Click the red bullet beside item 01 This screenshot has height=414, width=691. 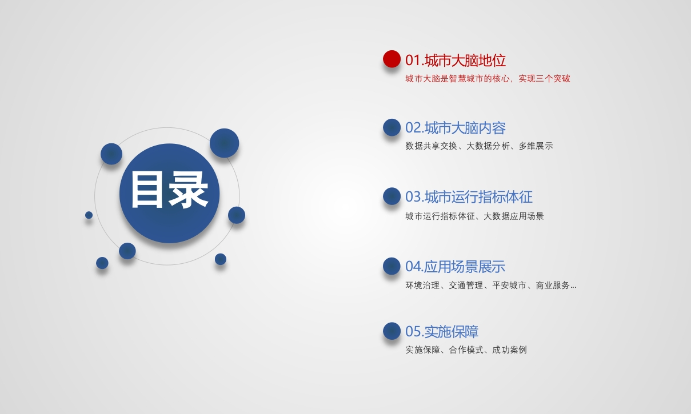pyautogui.click(x=392, y=59)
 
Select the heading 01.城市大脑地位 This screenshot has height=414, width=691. pyautogui.click(x=456, y=60)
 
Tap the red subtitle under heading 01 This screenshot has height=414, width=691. pyautogui.click(x=488, y=79)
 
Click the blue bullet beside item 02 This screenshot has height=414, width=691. pyautogui.click(x=392, y=127)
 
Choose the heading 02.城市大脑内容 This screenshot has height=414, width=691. pyautogui.click(x=456, y=128)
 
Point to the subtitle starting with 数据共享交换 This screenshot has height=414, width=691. pyautogui.click(x=479, y=146)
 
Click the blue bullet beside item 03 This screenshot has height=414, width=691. pyautogui.click(x=392, y=196)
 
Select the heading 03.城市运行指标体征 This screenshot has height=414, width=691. pyautogui.click(x=469, y=197)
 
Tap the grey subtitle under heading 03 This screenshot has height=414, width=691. pyautogui.click(x=474, y=216)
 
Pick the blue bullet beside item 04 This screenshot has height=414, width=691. pyautogui.click(x=392, y=266)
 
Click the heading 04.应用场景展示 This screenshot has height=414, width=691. pyautogui.click(x=455, y=267)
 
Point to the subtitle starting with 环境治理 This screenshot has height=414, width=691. pyautogui.click(x=491, y=285)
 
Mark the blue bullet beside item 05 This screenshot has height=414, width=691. pyautogui.click(x=392, y=331)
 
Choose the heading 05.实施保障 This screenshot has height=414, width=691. pyautogui.click(x=442, y=332)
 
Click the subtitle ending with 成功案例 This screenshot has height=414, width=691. pyautogui.click(x=466, y=350)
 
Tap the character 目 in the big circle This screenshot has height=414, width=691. pyautogui.click(x=147, y=190)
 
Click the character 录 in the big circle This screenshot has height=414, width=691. pyautogui.click(x=189, y=190)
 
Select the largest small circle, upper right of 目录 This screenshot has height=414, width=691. pyautogui.click(x=224, y=143)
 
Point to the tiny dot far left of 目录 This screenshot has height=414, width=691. pyautogui.click(x=89, y=215)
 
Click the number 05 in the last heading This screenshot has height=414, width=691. pyautogui.click(x=413, y=332)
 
